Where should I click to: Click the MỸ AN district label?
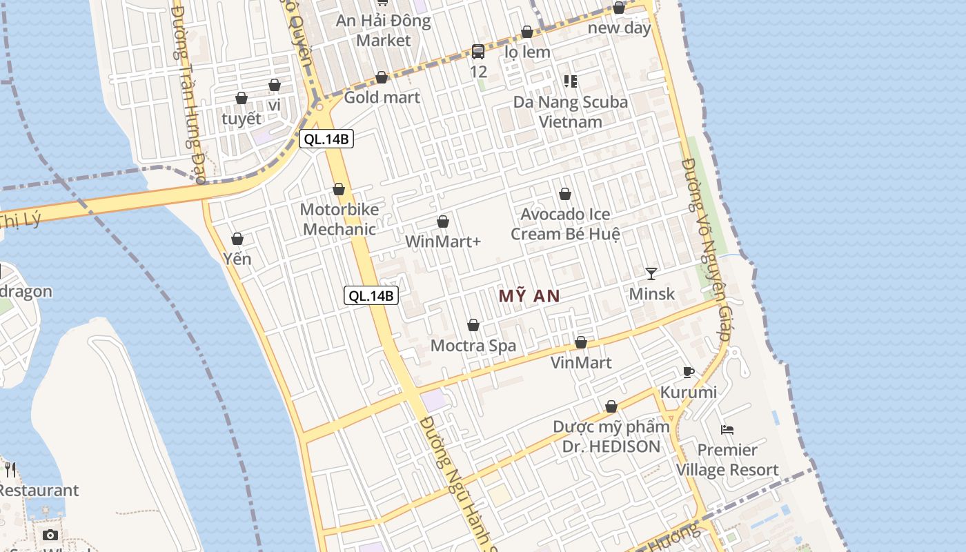click(529, 296)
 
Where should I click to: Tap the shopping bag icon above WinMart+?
click(443, 221)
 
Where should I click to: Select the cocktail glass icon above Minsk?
click(651, 274)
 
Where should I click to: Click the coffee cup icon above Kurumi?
click(688, 373)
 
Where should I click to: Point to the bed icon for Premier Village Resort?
click(727, 430)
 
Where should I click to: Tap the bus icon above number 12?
click(478, 52)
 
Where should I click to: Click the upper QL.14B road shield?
click(327, 139)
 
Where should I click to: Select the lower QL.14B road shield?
click(371, 296)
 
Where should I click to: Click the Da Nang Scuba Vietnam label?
click(571, 112)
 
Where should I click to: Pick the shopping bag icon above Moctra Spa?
click(473, 325)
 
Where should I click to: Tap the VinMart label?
click(581, 362)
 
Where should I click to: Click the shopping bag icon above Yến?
click(237, 239)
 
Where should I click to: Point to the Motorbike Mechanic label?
click(339, 219)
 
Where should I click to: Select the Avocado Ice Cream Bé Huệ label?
click(565, 224)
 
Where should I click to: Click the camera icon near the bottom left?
click(50, 535)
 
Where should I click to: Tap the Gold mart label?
click(382, 97)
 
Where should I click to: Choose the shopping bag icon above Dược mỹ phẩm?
click(611, 406)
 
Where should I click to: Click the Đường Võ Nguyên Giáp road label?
click(704, 248)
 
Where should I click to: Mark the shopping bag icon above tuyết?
click(241, 98)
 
